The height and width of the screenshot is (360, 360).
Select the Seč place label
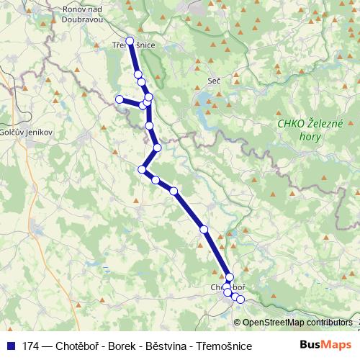pos(213,81)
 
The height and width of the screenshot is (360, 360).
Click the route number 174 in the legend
pos(31,346)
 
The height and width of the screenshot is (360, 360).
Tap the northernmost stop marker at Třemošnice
pos(130,41)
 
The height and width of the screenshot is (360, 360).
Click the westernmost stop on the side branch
pos(120,99)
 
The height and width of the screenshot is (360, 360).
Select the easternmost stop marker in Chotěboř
pos(240,299)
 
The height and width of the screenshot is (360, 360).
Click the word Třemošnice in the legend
pos(224,346)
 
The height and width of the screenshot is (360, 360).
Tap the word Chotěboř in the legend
pos(78,346)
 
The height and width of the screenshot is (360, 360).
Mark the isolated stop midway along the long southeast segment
pos(204,229)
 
